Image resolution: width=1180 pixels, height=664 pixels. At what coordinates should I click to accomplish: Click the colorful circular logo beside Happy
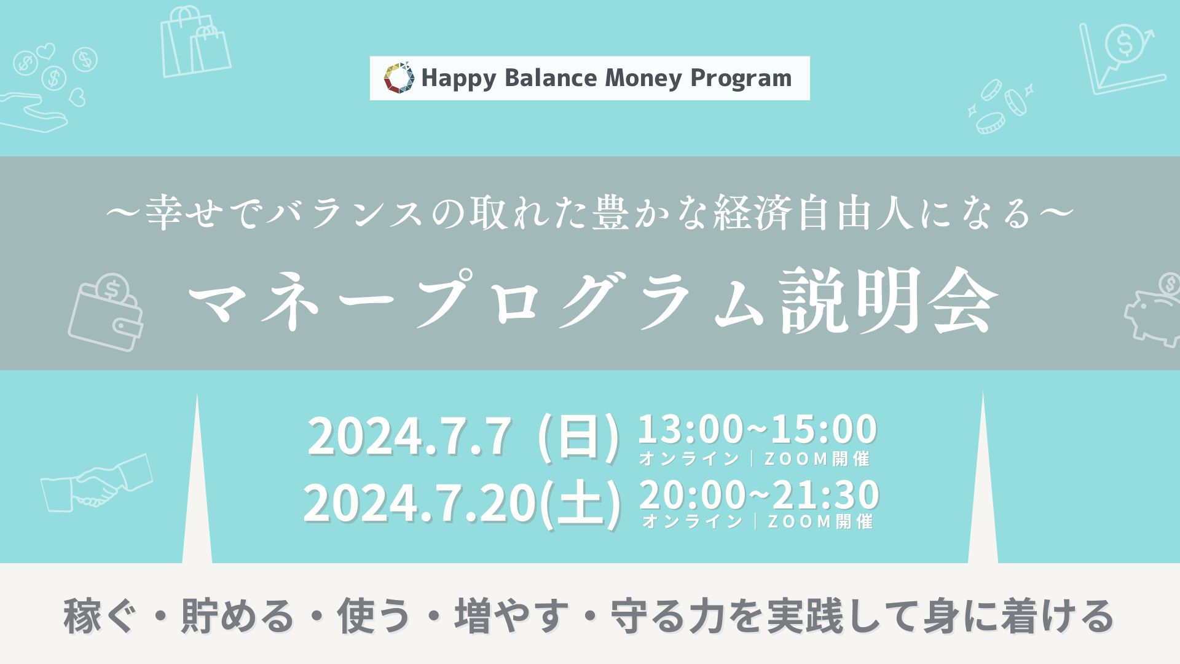[x=399, y=78]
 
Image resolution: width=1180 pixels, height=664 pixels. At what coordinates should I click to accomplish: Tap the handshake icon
[x=96, y=483]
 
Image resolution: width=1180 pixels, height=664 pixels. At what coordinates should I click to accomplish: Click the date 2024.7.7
[x=410, y=437]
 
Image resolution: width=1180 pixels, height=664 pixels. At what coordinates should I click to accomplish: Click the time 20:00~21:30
[x=760, y=494]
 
